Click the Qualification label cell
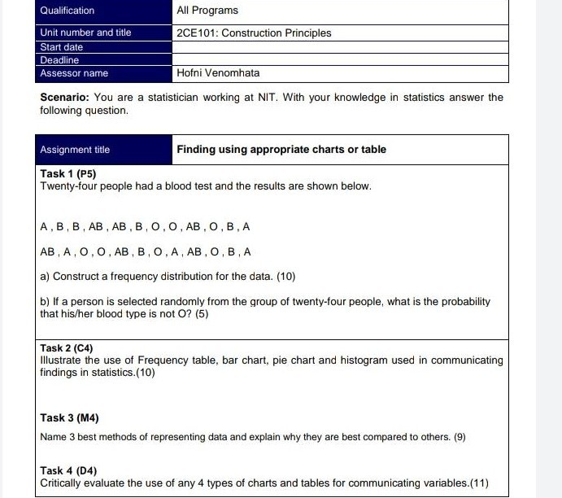tap(68, 11)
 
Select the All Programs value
tap(207, 11)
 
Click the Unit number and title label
tap(85, 33)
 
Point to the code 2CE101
tap(196, 33)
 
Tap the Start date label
tap(62, 47)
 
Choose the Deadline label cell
tap(60, 60)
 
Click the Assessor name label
tap(74, 73)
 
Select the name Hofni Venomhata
tap(218, 73)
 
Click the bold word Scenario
tap(65, 98)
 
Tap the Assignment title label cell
tap(75, 150)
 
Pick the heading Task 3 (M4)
tap(69, 417)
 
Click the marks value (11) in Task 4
tap(479, 483)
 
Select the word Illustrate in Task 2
tap(61, 360)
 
